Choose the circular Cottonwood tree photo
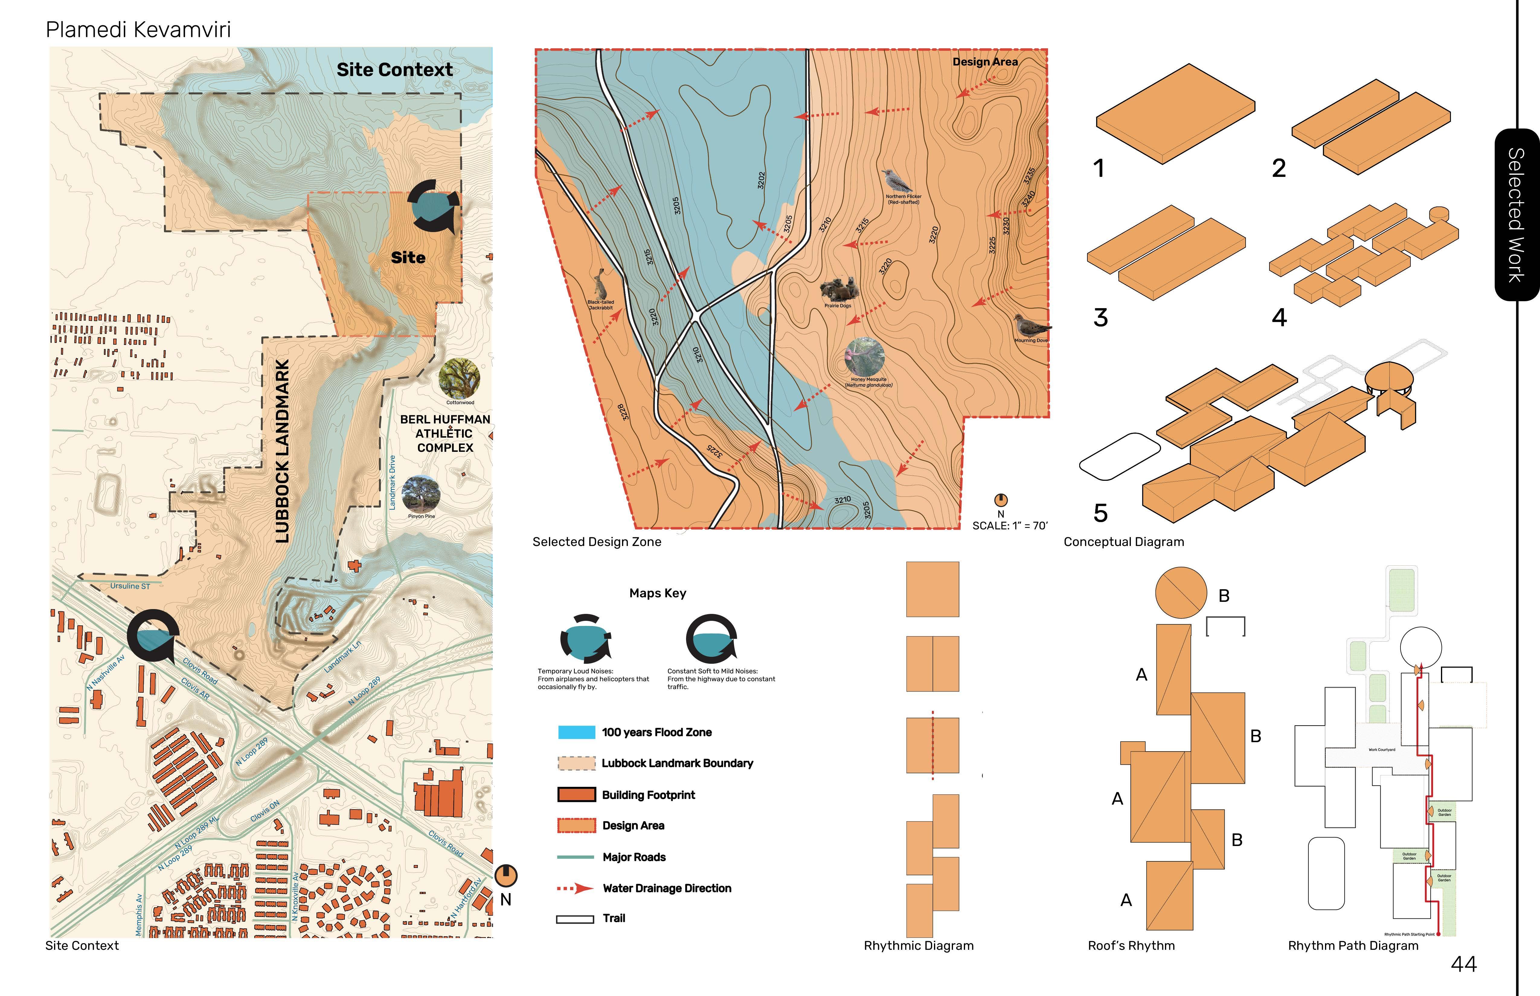point(459,378)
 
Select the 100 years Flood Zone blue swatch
point(576,732)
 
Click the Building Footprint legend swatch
point(576,795)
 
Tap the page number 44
point(1464,964)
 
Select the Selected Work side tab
point(1516,215)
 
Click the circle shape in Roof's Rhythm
point(1181,593)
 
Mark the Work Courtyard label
point(1381,750)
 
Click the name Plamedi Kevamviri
point(138,30)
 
